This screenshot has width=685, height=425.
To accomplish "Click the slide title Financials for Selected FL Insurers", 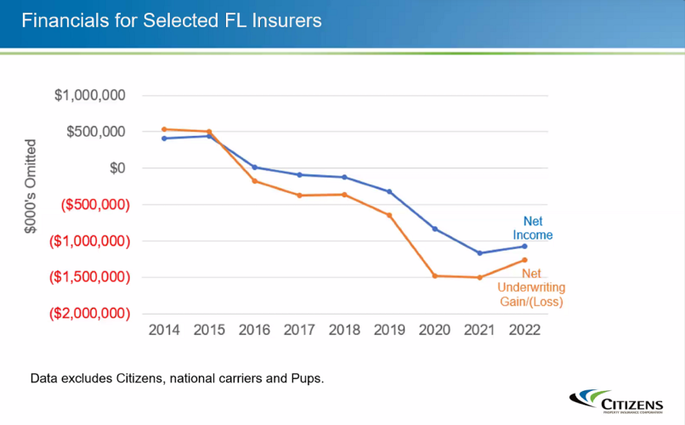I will pos(172,20).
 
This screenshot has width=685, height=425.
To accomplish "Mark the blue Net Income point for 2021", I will pos(479,253).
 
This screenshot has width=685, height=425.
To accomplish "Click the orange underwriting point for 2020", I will pos(434,275).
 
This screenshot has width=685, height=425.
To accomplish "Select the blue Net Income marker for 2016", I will pos(254,167).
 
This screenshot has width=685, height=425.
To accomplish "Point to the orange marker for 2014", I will pos(164,129).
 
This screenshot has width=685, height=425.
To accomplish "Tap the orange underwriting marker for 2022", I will pos(524,260).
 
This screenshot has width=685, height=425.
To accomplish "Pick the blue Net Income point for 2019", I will pos(389,191).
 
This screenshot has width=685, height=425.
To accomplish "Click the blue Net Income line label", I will pos(533,228).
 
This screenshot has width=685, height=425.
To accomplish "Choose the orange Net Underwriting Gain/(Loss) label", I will pos(531,287).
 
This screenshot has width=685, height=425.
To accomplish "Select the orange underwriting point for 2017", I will pos(299,195).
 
